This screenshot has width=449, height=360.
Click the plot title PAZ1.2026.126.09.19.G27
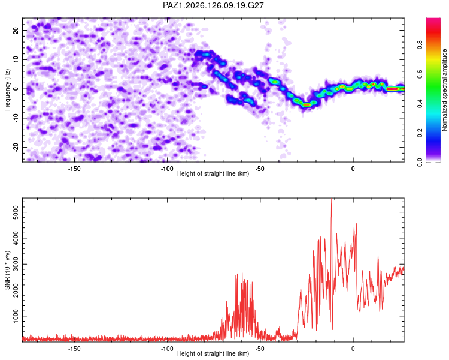point(213,5)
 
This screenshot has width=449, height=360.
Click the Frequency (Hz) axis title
point(7,90)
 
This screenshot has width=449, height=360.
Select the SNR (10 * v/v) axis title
point(7,270)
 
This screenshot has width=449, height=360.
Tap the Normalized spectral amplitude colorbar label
point(444,90)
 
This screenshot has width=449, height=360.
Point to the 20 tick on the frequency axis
point(16,30)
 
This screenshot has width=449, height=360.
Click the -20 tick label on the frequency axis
point(16,147)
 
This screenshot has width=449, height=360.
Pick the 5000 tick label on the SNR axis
point(16,212)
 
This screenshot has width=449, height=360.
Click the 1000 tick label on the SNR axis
point(16,316)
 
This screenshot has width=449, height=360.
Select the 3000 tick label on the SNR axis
point(16,264)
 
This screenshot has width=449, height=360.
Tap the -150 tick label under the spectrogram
point(74,169)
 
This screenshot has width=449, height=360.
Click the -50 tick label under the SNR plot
point(260,349)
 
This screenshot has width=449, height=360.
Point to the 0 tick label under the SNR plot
point(353,349)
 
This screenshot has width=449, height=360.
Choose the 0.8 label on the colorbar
point(420,45)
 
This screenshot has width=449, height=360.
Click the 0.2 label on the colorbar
point(420,133)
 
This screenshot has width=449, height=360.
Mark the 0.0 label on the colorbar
point(420,162)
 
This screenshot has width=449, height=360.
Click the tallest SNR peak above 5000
point(331,199)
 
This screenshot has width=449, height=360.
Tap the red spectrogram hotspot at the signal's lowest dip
point(307,105)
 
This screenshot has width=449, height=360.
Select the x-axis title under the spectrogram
point(213,173)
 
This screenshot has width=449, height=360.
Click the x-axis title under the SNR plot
point(213,353)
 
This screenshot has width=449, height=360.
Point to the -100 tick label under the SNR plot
point(167,349)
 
